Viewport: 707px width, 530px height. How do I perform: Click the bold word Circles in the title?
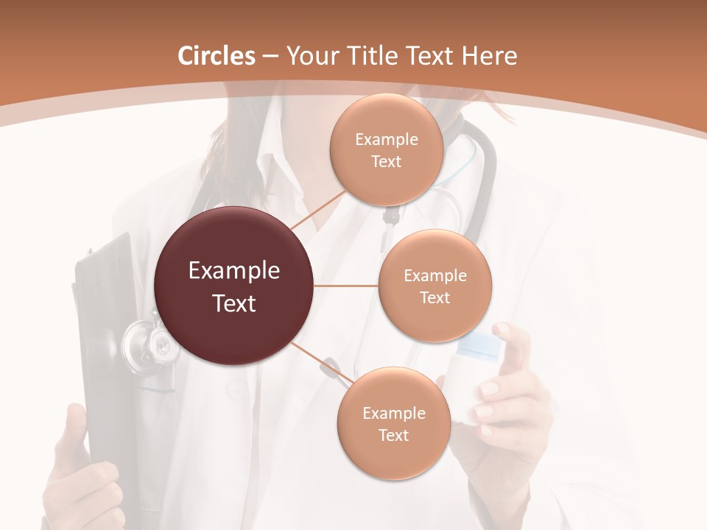tap(217, 56)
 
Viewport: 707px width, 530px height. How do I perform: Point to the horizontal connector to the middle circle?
tap(346, 286)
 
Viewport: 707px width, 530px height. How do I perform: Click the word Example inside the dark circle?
tap(234, 271)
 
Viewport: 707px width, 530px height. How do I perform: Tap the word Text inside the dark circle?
tap(234, 303)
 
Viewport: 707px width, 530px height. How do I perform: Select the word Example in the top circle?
tap(386, 140)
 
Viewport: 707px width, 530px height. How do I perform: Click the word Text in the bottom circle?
tap(393, 435)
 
